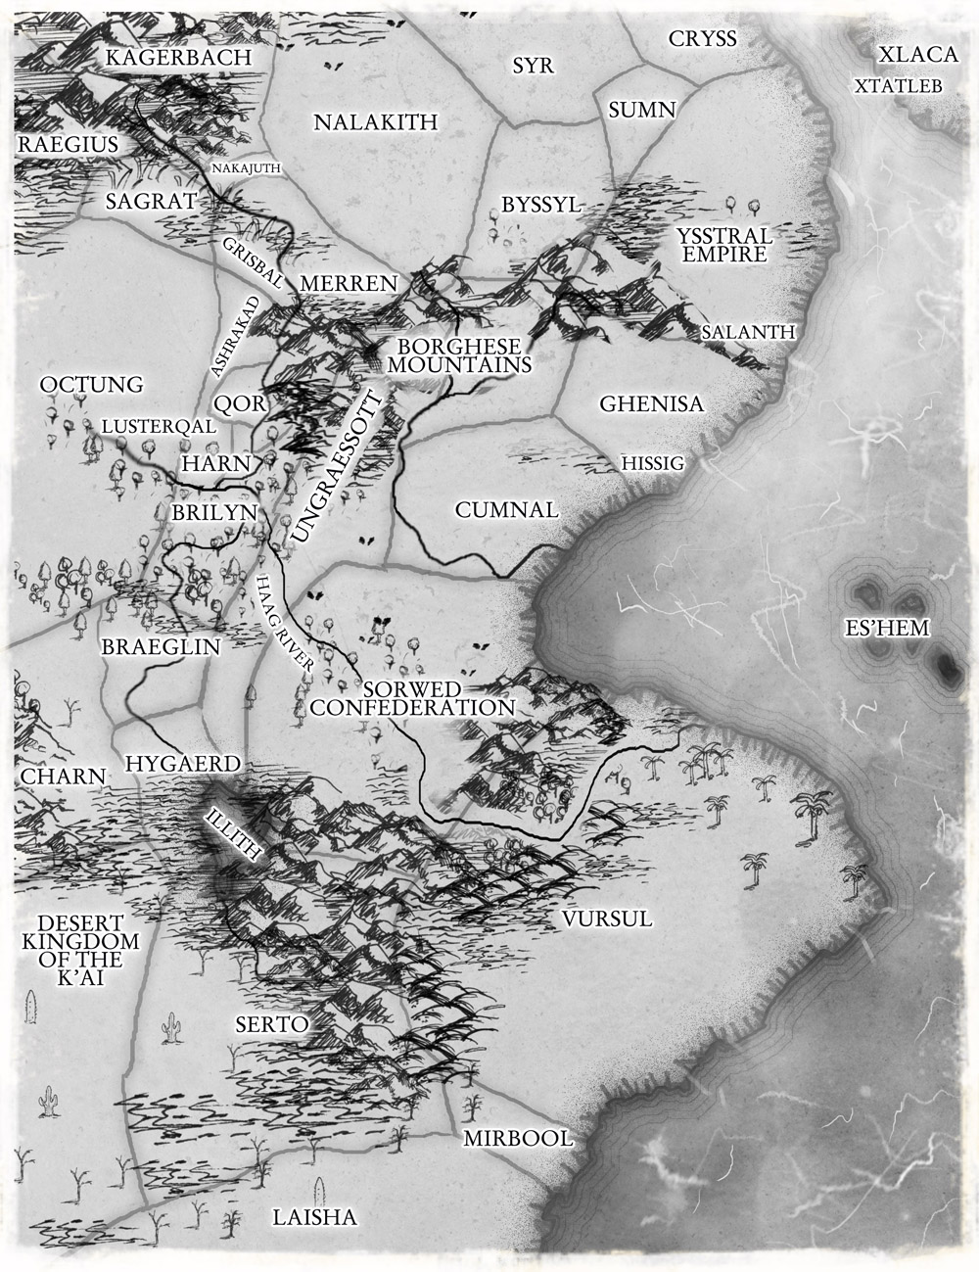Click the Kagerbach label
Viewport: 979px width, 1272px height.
tap(178, 58)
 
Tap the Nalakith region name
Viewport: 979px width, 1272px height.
tap(375, 122)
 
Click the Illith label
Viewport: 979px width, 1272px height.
tap(233, 832)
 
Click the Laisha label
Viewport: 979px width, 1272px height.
tap(313, 1218)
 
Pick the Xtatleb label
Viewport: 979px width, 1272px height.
tap(898, 86)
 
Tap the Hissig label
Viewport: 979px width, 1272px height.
tap(650, 462)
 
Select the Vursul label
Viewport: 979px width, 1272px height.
tap(607, 919)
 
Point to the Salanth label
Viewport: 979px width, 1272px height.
tap(748, 332)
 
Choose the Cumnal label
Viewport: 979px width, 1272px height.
tap(506, 510)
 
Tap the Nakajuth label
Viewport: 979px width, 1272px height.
tap(247, 168)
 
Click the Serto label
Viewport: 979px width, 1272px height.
tap(272, 1024)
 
